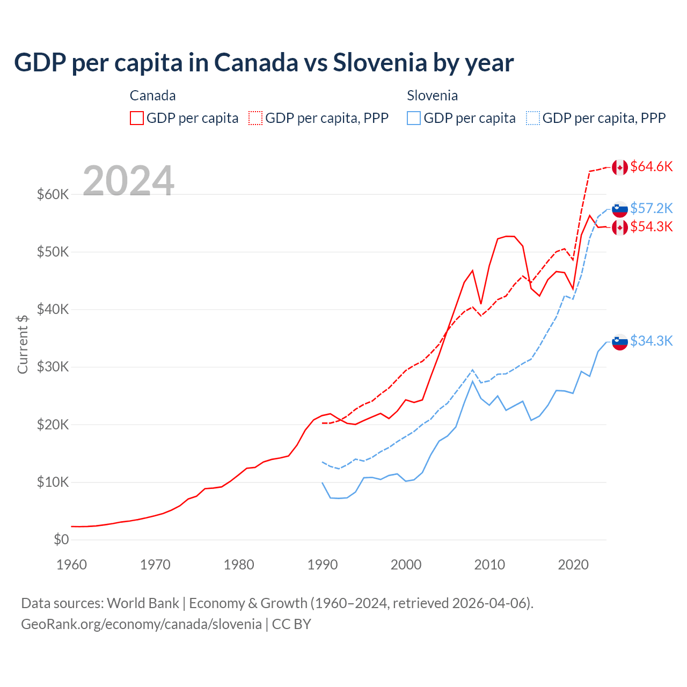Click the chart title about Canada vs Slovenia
pyautogui.click(x=264, y=62)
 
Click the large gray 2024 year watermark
pyautogui.click(x=128, y=181)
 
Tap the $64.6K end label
pyautogui.click(x=651, y=167)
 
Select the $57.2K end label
pyautogui.click(x=651, y=208)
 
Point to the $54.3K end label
pyautogui.click(x=651, y=227)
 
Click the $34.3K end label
pyautogui.click(x=651, y=341)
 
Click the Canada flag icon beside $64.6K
pyautogui.click(x=620, y=167)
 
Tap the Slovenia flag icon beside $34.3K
pyautogui.click(x=620, y=341)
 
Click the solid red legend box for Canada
pyautogui.click(x=137, y=118)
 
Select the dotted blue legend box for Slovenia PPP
pyautogui.click(x=532, y=118)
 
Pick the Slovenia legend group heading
pyautogui.click(x=432, y=96)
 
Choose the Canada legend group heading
pyautogui.click(x=152, y=96)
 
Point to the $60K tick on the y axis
pyautogui.click(x=53, y=194)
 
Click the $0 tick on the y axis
pyautogui.click(x=61, y=539)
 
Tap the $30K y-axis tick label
pyautogui.click(x=53, y=367)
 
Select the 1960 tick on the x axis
pyautogui.click(x=71, y=565)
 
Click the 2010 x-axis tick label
pyautogui.click(x=489, y=565)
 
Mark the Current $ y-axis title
pyautogui.click(x=23, y=344)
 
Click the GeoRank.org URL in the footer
pyautogui.click(x=141, y=624)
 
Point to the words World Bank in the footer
pyautogui.click(x=143, y=603)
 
